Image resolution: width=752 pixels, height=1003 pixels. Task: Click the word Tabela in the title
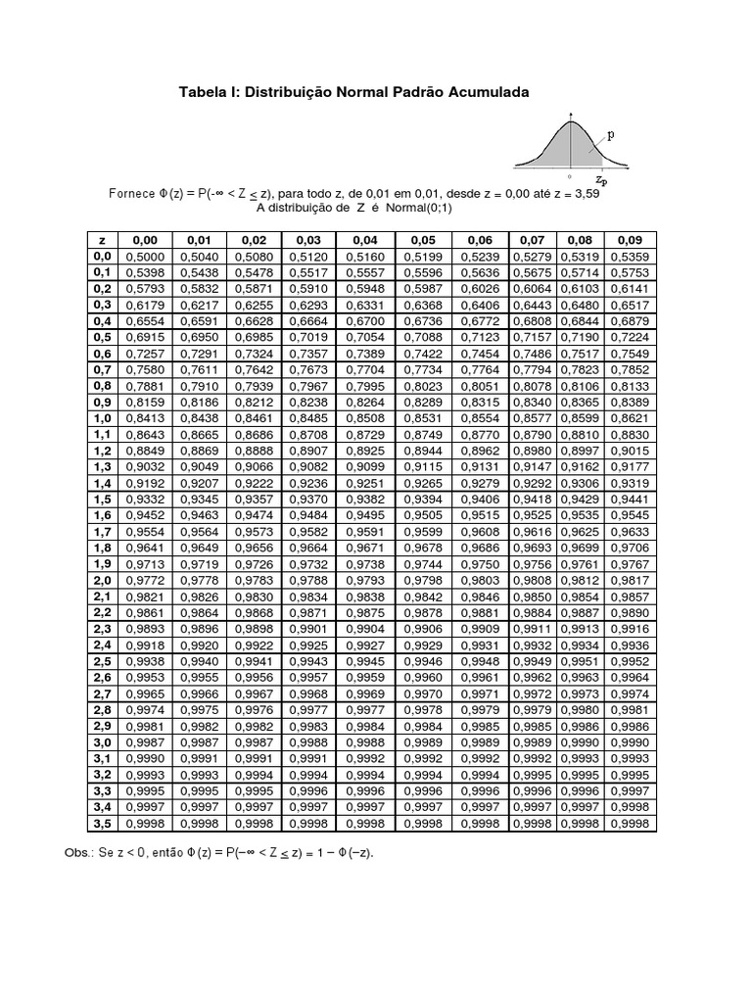pos(201,92)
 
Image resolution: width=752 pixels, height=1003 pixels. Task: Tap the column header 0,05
pos(423,240)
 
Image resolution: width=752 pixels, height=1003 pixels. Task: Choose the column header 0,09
pos(630,240)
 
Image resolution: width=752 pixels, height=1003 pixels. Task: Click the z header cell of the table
pos(102,240)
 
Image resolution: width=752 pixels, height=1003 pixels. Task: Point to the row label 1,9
pos(102,565)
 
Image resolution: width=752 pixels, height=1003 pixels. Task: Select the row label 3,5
pos(102,824)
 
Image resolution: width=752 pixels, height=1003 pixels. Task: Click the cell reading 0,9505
pos(423,516)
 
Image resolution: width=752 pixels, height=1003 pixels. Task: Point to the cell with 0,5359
pos(630,257)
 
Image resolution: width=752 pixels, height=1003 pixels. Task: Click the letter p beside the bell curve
pos(611,138)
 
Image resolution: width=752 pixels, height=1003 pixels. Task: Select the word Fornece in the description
pos(131,193)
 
